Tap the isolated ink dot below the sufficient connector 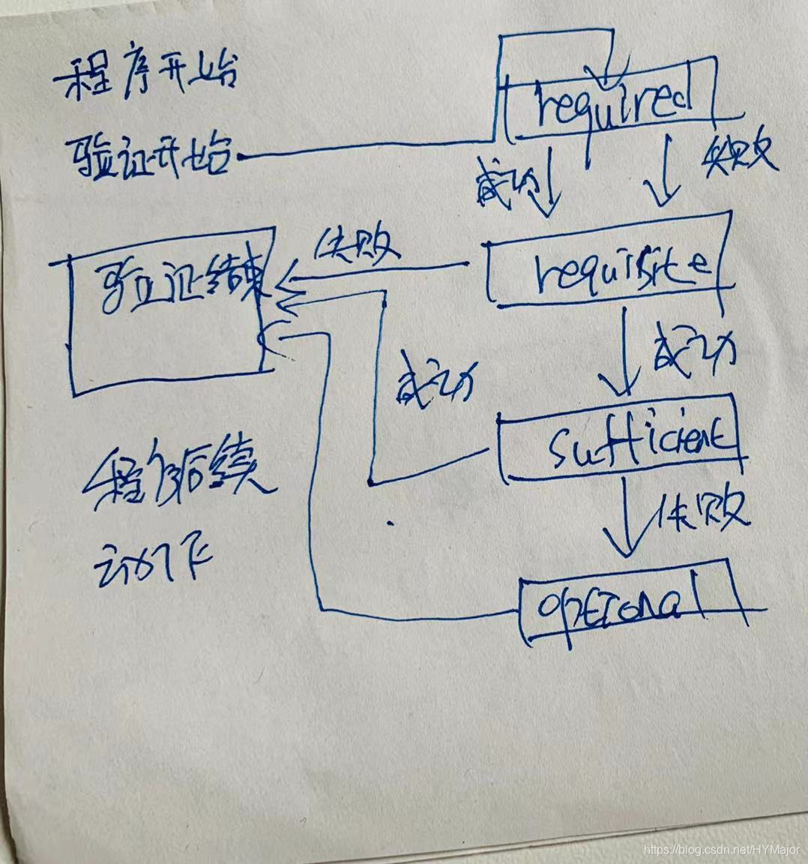point(389,522)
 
